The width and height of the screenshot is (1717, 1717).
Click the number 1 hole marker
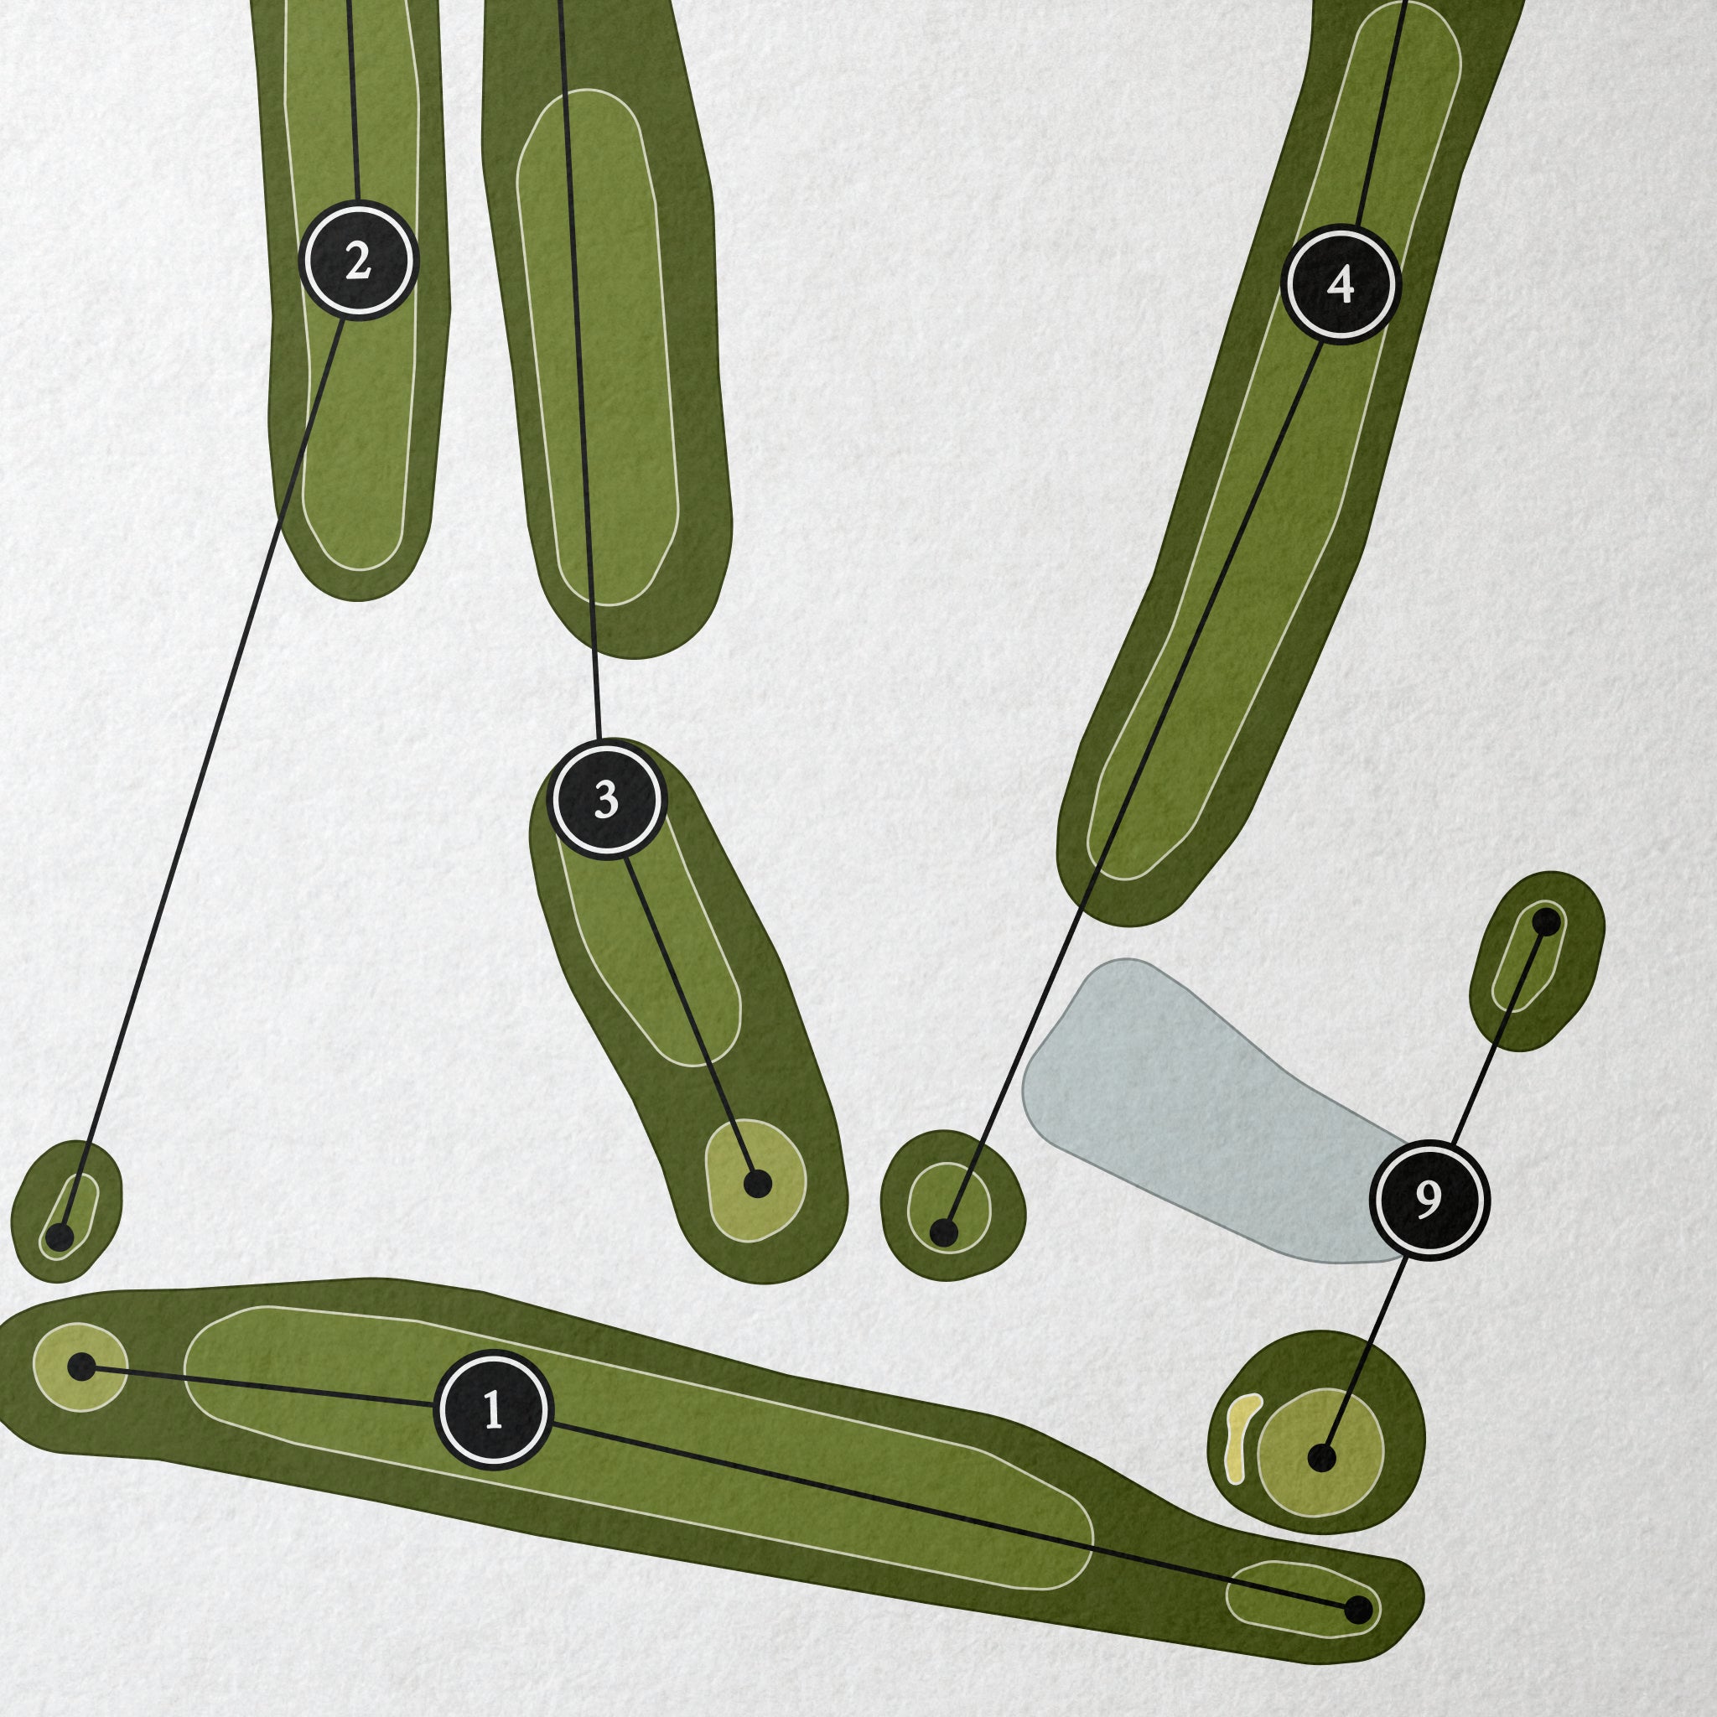493,1409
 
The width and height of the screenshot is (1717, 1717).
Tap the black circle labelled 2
358,261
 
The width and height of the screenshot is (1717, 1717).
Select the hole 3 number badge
607,801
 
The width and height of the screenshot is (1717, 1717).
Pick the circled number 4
1341,283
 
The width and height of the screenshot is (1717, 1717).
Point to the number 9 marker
1429,1201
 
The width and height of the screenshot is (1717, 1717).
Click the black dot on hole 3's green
757,1184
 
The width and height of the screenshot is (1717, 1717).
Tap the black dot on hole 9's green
1322,1459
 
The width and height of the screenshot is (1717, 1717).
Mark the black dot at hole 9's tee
1546,921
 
